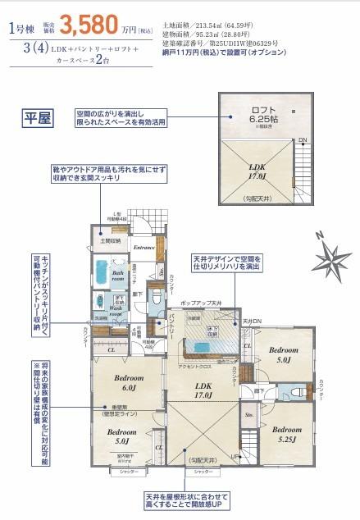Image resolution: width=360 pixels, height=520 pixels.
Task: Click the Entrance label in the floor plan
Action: click(145, 246)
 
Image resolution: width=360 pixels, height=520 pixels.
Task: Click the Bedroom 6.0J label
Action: click(119, 381)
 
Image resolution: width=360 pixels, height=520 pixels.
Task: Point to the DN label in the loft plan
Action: click(303, 140)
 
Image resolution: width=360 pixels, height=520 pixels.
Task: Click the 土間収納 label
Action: click(112, 241)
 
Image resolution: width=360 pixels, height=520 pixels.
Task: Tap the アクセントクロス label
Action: click(193, 367)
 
